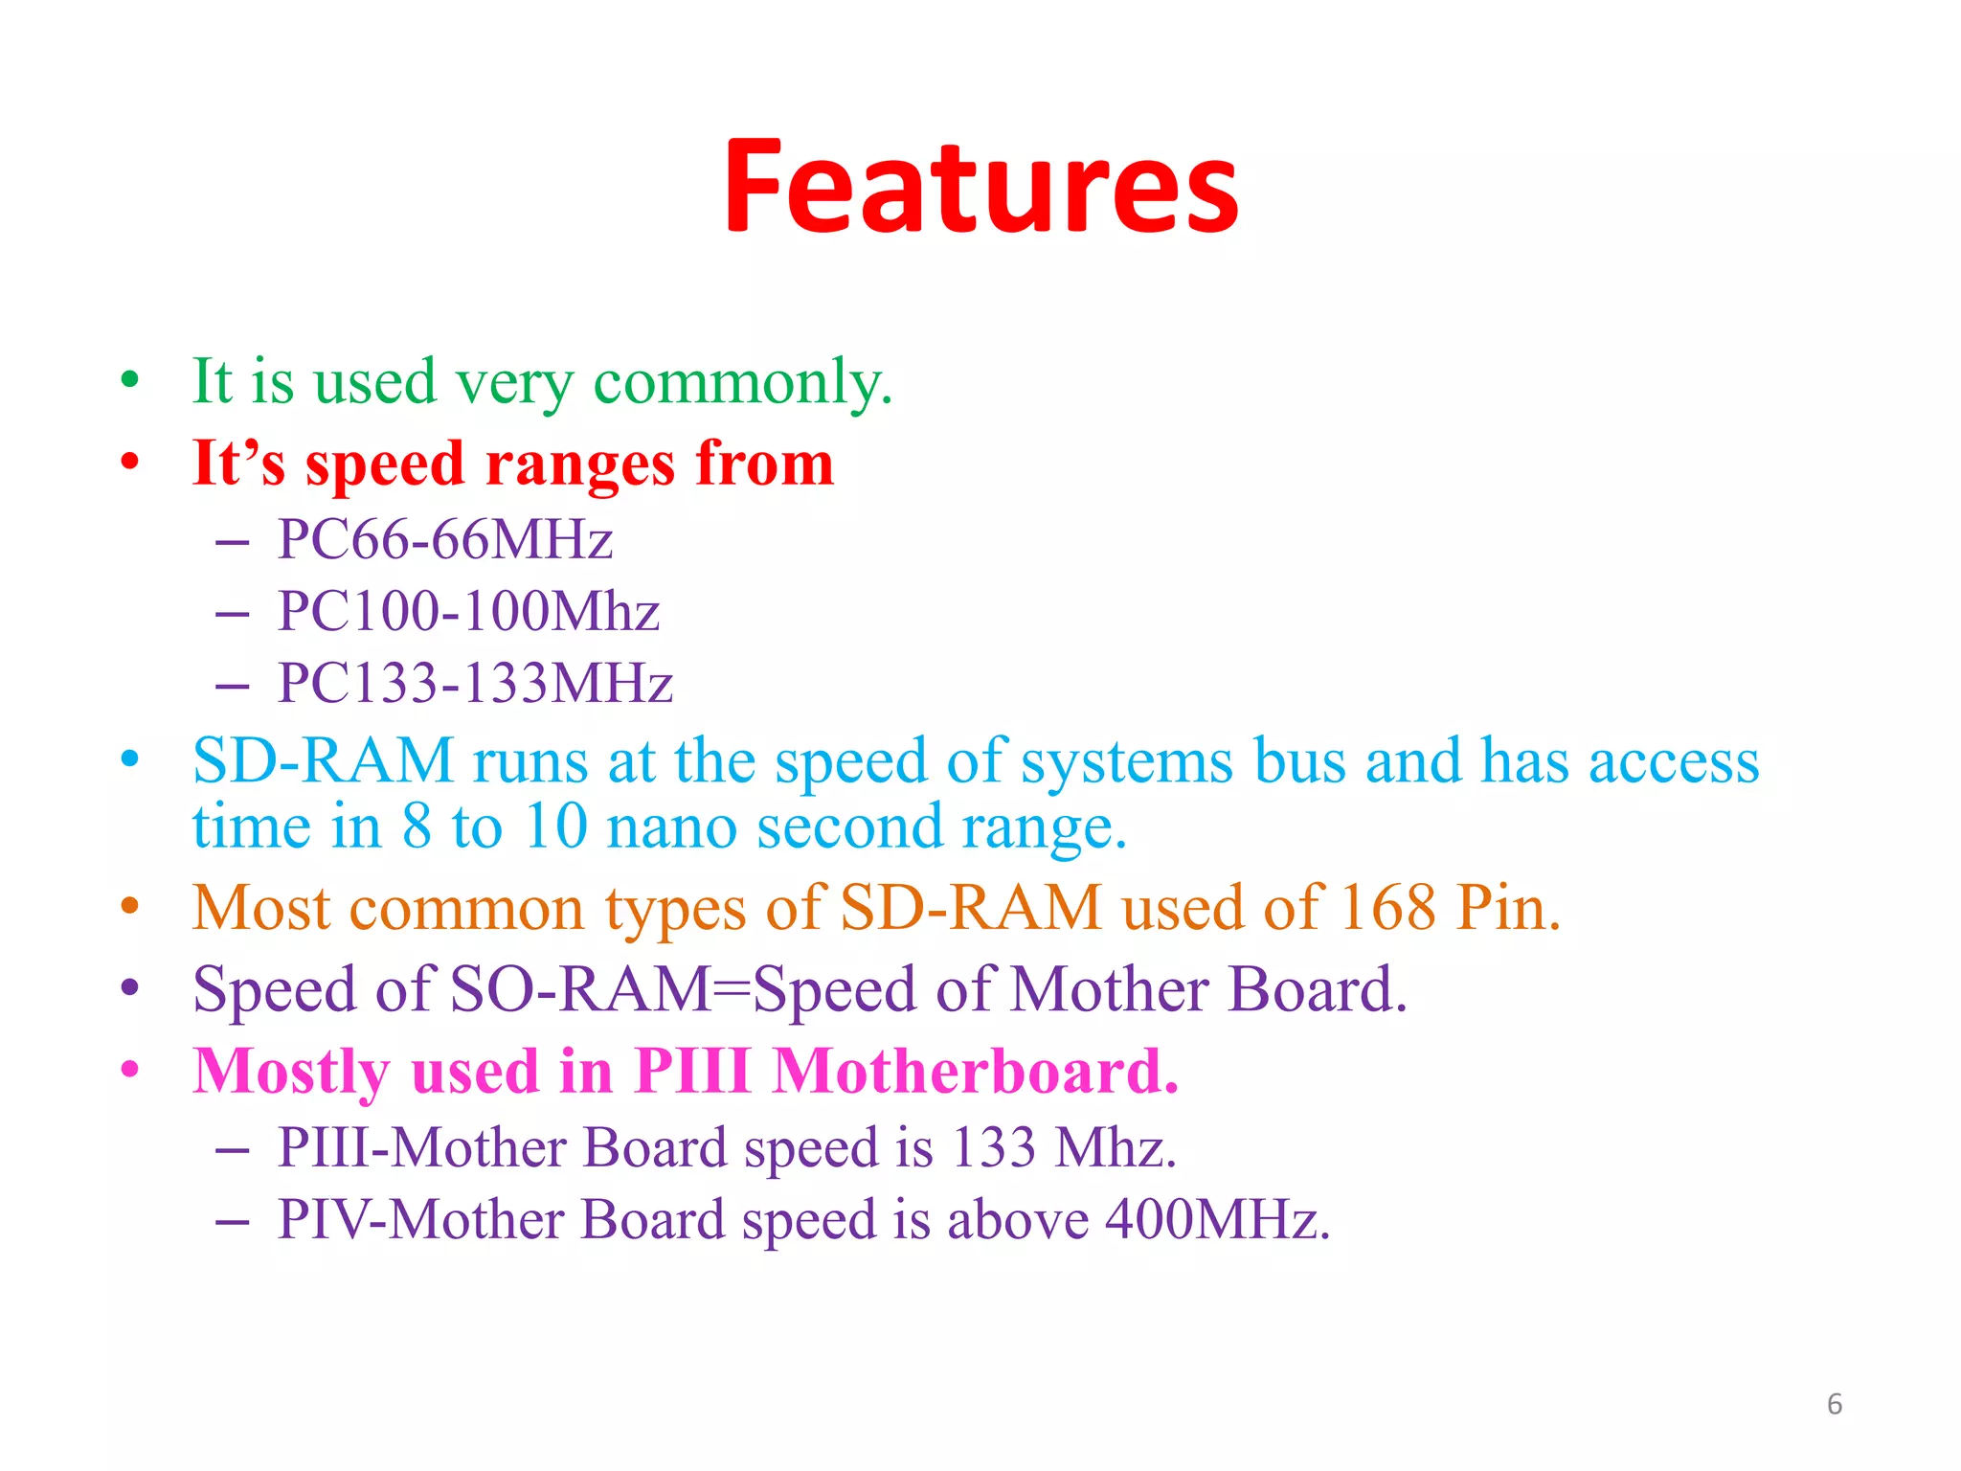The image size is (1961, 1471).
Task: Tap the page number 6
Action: (x=1834, y=1404)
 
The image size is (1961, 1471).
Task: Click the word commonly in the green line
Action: (x=743, y=382)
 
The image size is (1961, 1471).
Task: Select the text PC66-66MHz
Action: (x=444, y=539)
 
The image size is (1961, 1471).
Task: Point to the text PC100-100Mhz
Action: (x=468, y=611)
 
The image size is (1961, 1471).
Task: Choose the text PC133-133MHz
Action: (x=475, y=683)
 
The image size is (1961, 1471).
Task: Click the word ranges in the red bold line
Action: (x=579, y=464)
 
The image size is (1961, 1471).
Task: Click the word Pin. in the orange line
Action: (x=1508, y=907)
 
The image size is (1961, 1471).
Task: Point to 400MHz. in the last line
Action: (x=1217, y=1220)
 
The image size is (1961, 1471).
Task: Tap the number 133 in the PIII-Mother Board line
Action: (x=994, y=1147)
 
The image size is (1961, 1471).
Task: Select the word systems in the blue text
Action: (x=1127, y=762)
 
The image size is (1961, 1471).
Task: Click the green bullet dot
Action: (x=130, y=380)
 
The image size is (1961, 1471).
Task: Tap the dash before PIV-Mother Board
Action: (x=233, y=1222)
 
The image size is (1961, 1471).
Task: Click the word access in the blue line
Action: (x=1674, y=762)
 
